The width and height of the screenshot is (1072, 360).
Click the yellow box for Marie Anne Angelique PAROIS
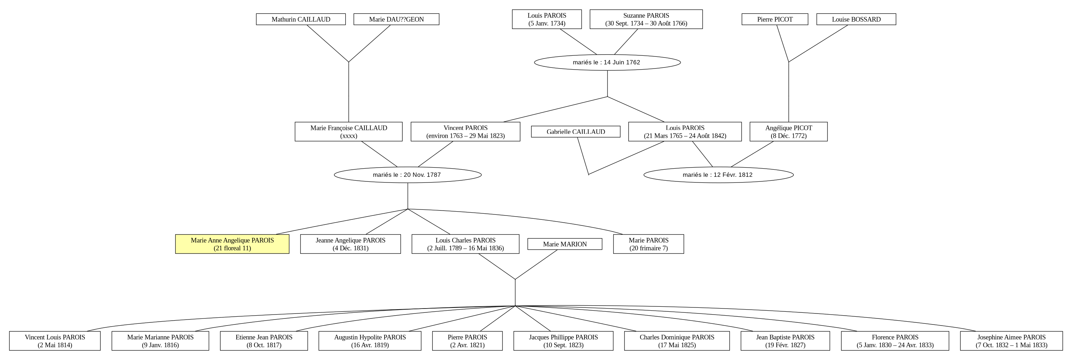[232, 244]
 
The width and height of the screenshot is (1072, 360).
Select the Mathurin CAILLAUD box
[301, 19]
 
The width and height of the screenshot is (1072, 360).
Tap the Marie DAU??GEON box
[396, 19]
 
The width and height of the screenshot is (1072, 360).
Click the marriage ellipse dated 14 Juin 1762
[607, 62]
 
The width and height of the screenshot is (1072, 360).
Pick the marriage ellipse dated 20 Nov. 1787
[407, 175]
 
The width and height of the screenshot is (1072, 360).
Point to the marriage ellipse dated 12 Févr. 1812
[718, 175]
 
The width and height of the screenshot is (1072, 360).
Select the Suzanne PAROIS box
[646, 19]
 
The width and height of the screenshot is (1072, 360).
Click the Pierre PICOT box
[775, 19]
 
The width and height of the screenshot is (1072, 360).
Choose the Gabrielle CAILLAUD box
[576, 131]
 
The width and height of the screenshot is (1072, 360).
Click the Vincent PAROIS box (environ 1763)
[465, 131]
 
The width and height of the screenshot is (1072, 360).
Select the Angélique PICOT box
[788, 131]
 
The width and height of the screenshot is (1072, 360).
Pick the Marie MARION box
[565, 244]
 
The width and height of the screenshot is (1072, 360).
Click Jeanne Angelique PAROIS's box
[350, 244]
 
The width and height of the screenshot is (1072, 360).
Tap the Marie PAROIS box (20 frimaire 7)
[648, 244]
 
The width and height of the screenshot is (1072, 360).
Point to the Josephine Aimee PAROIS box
[1011, 341]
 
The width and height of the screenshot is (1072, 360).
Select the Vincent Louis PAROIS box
[55, 341]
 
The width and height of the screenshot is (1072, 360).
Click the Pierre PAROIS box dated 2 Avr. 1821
[467, 341]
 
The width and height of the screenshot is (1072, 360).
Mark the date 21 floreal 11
[232, 249]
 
